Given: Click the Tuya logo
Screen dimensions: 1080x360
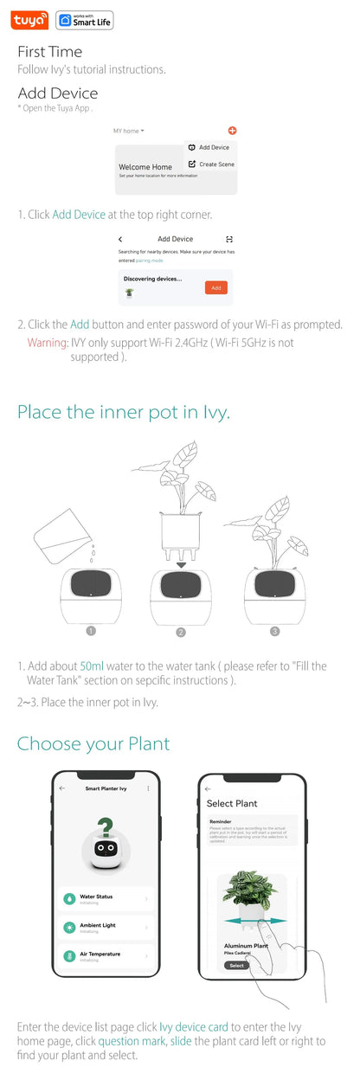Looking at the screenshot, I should tap(31, 21).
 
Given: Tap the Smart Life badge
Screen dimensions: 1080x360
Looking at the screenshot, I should tap(84, 21).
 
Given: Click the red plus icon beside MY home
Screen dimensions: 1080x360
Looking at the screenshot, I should tap(232, 131).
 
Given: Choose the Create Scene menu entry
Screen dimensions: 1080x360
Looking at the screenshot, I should tap(211, 164).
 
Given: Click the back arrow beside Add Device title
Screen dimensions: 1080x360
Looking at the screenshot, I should tap(120, 239).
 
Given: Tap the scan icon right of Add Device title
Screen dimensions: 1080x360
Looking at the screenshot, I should tap(229, 239).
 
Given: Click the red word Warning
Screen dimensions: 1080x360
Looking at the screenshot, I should tap(48, 343).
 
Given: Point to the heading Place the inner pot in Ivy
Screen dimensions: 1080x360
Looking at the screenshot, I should tap(124, 412).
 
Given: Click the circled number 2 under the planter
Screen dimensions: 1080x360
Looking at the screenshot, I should tap(181, 632).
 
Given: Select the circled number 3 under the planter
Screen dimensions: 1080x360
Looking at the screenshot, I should tap(274, 632).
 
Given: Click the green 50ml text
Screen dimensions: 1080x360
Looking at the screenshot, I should tap(92, 666).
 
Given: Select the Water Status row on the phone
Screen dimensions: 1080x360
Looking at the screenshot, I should tap(105, 899).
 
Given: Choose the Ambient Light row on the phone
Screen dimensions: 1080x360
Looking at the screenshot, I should tap(105, 927).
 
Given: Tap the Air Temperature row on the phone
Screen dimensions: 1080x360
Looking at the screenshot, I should tap(105, 956).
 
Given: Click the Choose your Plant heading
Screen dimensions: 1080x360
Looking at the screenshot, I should tap(93, 743).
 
